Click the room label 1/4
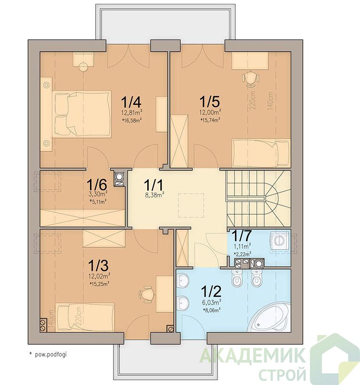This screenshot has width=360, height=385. pos(131,102)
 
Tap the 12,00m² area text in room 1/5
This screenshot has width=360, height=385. pos(209,113)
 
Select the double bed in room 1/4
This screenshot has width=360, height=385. pos(82,114)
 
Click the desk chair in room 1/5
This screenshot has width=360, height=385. pos(250,78)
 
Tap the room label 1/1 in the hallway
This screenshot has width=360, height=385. pos(154,185)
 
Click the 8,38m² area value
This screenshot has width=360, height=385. pos(154,195)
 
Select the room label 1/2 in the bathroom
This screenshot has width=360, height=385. pos(211,291)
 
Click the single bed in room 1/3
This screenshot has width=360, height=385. pos(85,317)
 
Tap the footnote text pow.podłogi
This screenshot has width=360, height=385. pos(51,355)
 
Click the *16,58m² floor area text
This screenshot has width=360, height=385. pos(132,120)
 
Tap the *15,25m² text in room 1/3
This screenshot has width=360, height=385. pos(100,284)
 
